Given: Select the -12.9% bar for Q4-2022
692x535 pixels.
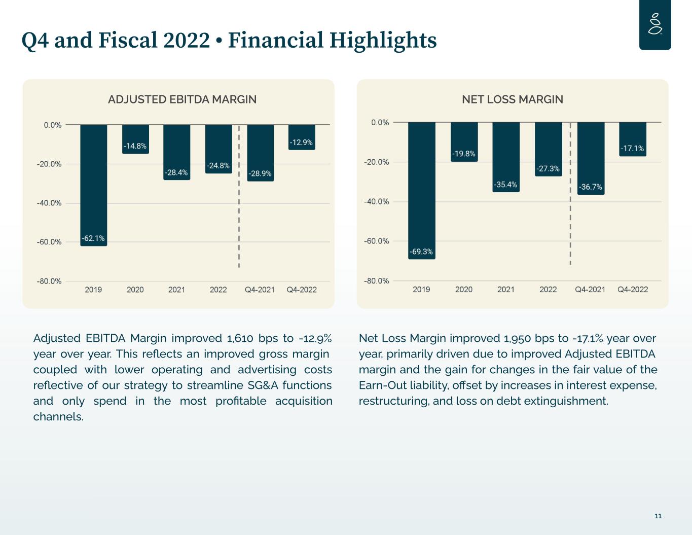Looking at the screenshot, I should [x=302, y=137].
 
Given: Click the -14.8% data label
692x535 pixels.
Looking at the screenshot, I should [x=135, y=146].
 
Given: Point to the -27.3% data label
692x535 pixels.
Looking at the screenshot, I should [x=548, y=168].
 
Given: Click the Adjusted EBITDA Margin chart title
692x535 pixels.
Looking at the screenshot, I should [x=182, y=99].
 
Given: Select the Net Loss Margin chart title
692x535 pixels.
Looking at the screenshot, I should [x=512, y=99].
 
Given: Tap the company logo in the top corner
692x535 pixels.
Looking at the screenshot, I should [x=655, y=24].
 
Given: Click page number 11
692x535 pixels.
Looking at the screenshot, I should [x=658, y=516].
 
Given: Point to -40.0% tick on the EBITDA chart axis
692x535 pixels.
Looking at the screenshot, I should [x=49, y=203].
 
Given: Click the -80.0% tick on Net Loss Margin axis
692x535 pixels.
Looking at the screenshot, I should [x=376, y=281].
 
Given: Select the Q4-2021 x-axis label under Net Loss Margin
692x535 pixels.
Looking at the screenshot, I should [x=590, y=290].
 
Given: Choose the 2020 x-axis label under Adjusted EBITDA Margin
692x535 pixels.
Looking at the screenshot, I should [x=135, y=290].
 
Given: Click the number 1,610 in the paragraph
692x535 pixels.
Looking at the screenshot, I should [x=240, y=338].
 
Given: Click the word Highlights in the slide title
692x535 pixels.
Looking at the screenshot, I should [x=383, y=41].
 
